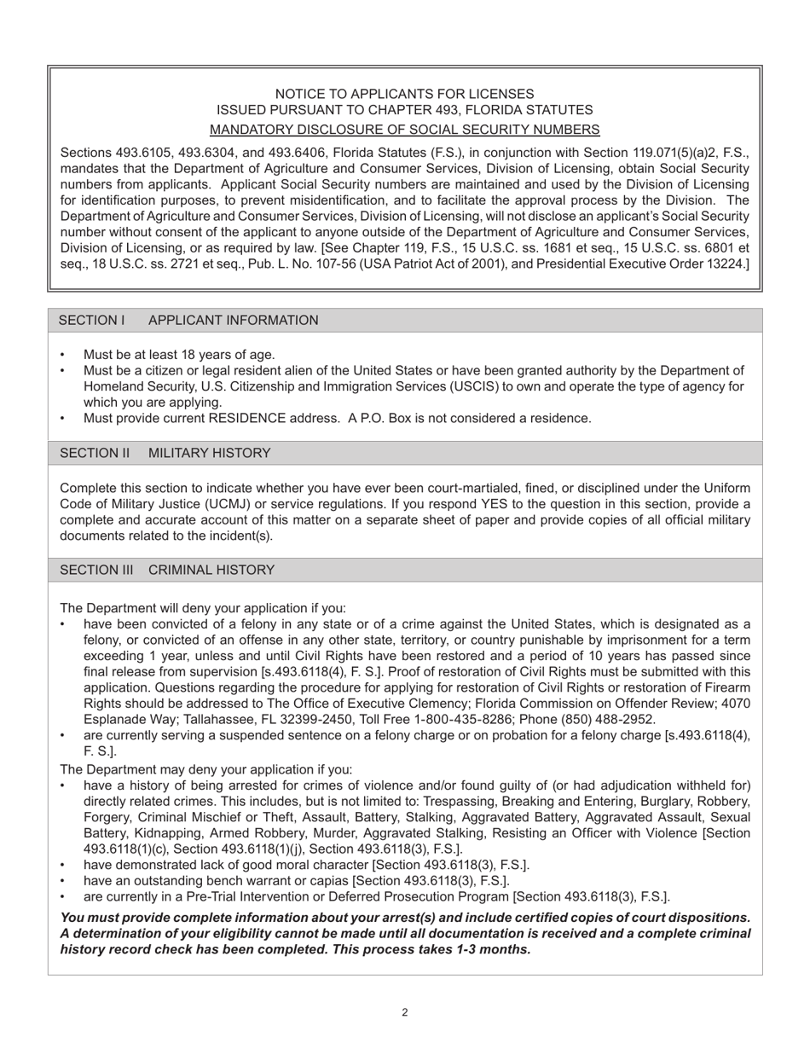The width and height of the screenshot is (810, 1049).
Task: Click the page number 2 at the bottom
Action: [x=404, y=1012]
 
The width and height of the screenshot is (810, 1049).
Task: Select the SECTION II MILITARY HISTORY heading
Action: [x=165, y=453]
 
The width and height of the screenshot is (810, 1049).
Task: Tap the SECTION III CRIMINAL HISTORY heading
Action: [x=166, y=570]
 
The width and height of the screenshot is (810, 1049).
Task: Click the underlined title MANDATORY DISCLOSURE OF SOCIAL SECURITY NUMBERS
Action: [x=404, y=130]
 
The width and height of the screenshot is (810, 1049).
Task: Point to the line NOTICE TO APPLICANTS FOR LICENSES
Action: [x=404, y=94]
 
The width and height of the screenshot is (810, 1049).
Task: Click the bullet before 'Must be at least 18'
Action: [x=62, y=355]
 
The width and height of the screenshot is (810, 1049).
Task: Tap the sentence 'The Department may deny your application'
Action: [x=205, y=769]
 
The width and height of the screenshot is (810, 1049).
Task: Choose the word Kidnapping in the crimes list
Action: [x=163, y=833]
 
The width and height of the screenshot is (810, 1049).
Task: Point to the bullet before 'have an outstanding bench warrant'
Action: [x=62, y=881]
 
